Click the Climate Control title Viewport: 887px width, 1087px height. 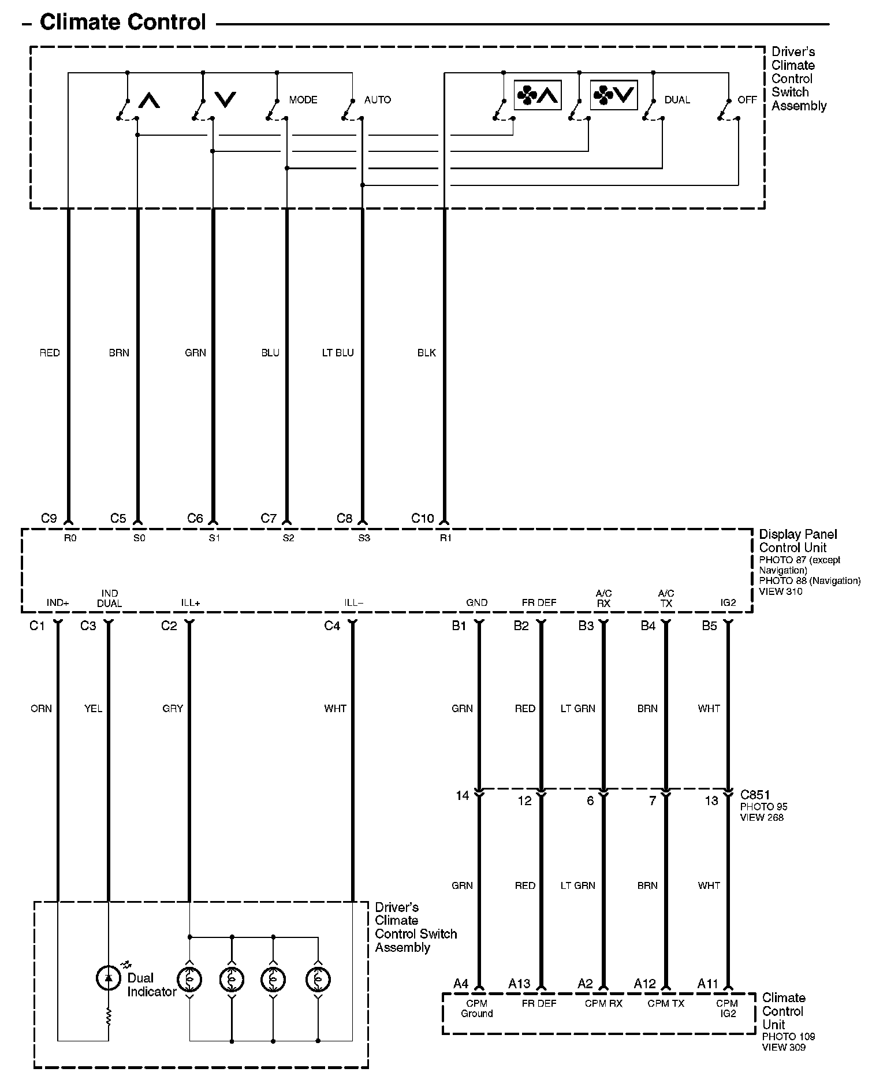click(122, 23)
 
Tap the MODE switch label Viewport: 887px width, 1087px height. click(303, 100)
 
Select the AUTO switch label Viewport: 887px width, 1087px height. click(378, 100)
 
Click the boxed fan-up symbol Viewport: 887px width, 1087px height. click(538, 95)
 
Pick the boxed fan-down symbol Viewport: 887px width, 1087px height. click(614, 95)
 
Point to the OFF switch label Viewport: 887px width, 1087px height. click(747, 100)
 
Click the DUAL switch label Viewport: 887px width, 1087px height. click(677, 100)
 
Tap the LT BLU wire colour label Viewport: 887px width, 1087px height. click(338, 352)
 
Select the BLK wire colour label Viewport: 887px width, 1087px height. click(427, 352)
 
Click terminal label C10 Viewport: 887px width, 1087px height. click(422, 518)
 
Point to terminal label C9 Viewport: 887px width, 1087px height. click(49, 518)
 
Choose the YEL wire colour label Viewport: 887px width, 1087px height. click(93, 708)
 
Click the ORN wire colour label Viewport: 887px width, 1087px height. click(41, 708)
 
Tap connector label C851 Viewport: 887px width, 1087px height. click(755, 795)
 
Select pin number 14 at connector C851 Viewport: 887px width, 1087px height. click(462, 796)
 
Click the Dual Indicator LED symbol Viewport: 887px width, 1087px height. click(108, 977)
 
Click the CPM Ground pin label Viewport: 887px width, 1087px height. click(477, 1008)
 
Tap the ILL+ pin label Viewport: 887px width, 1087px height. click(190, 603)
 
